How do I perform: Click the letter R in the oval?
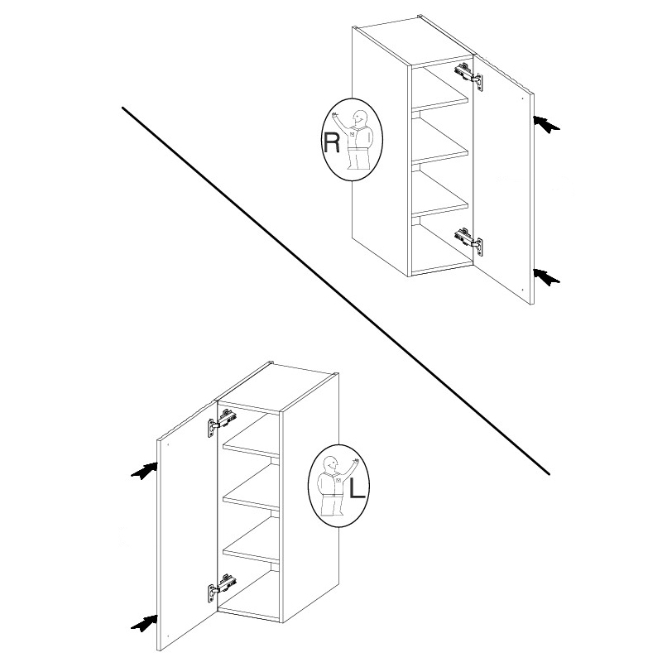(x=332, y=142)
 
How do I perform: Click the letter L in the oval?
(x=357, y=488)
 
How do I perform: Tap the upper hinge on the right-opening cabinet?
(x=468, y=75)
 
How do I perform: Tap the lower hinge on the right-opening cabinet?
(x=468, y=242)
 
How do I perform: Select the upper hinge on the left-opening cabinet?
(x=222, y=421)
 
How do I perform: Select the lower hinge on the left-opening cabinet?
(x=222, y=588)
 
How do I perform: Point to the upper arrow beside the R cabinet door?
(x=547, y=123)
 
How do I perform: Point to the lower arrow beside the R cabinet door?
(x=547, y=277)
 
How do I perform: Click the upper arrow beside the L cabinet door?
(x=144, y=471)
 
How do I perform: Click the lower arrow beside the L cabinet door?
(x=144, y=623)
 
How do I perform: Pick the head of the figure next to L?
(x=329, y=464)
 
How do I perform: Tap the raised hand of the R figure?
(x=335, y=114)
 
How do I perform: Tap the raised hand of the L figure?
(x=356, y=461)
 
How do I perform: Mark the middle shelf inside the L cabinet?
(x=251, y=502)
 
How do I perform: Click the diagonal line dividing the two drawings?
(x=336, y=290)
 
